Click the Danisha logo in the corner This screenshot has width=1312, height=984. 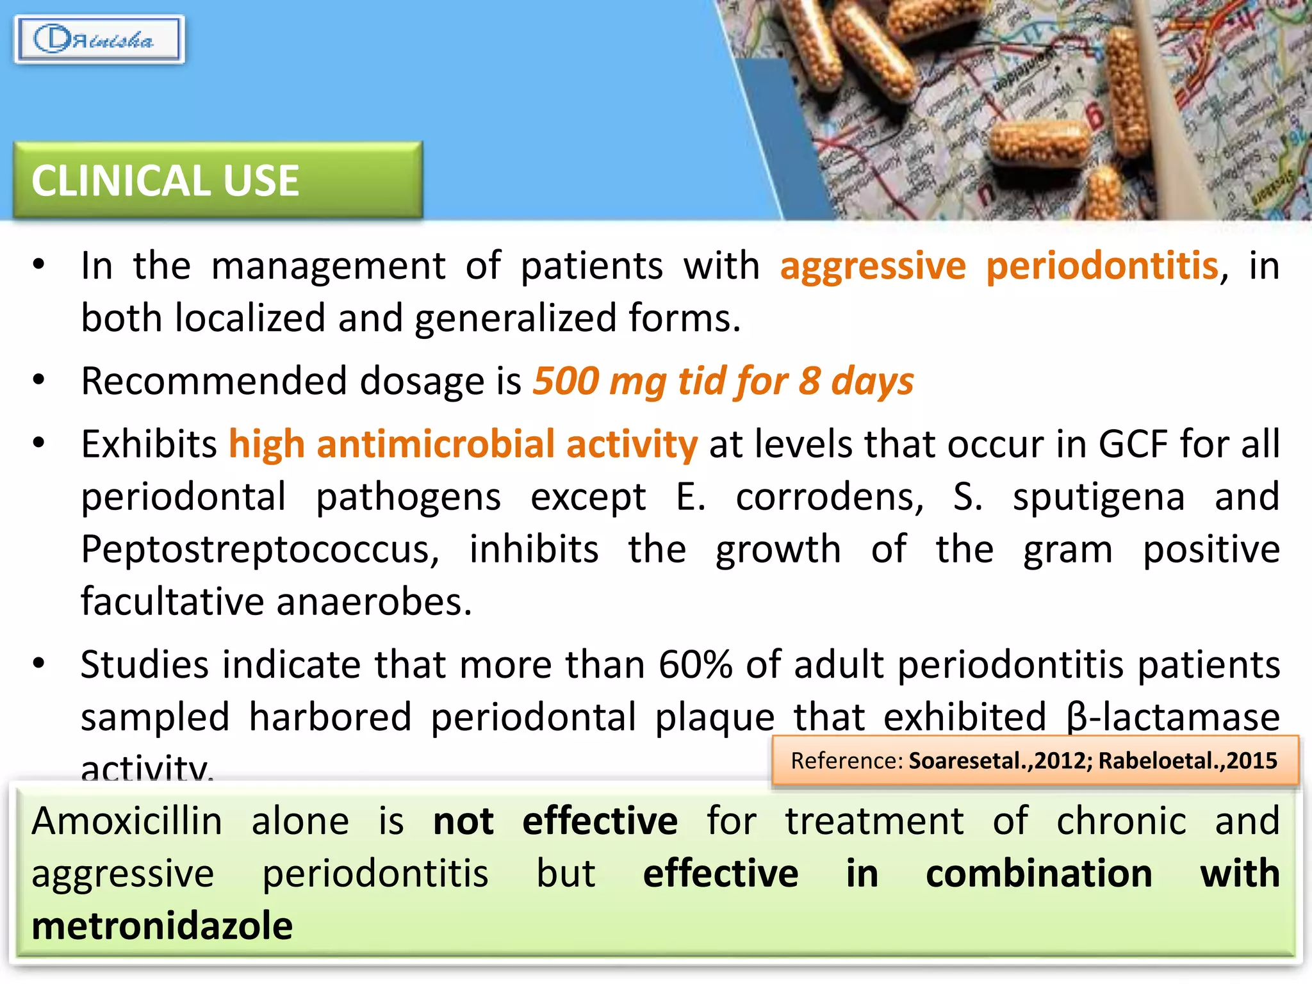pyautogui.click(x=99, y=40)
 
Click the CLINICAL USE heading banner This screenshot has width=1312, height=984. pyautogui.click(x=218, y=180)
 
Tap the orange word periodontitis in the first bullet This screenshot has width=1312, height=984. pyautogui.click(x=1101, y=266)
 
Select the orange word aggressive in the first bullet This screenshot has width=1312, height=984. pyautogui.click(x=873, y=266)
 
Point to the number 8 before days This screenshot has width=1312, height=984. pyautogui.click(x=809, y=381)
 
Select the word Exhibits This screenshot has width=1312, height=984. pyautogui.click(x=149, y=444)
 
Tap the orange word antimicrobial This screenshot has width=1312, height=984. pyautogui.click(x=436, y=444)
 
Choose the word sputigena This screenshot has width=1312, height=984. pyautogui.click(x=1099, y=496)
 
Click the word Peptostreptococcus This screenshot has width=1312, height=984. pyautogui.click(x=260, y=550)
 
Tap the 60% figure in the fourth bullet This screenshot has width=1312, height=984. pyautogui.click(x=695, y=664)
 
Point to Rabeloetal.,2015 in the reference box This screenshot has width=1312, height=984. pyautogui.click(x=1188, y=761)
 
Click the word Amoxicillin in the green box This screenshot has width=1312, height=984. pyautogui.click(x=127, y=821)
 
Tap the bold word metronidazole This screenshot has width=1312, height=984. pyautogui.click(x=162, y=926)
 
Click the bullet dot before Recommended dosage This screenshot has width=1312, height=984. pyautogui.click(x=39, y=380)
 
